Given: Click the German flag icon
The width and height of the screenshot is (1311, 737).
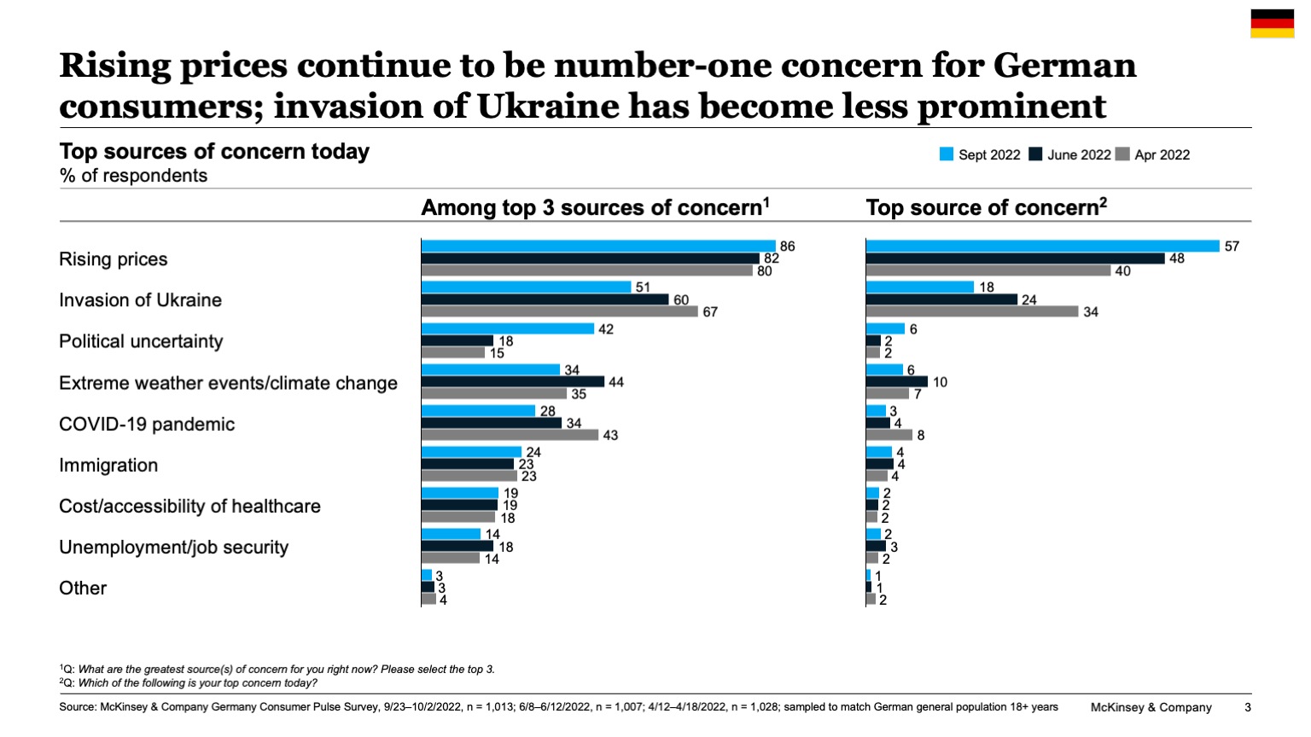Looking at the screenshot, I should tap(1272, 24).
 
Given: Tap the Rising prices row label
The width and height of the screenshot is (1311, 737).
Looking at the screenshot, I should tap(114, 259).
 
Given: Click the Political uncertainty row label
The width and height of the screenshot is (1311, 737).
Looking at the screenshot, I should tap(141, 341).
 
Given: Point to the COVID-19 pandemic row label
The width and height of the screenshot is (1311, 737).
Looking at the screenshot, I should tap(147, 424).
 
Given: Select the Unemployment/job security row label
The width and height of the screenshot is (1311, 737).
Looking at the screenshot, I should tap(173, 547).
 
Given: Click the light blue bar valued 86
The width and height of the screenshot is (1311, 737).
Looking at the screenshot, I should tap(597, 247).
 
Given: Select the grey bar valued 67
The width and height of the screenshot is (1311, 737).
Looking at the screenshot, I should tap(559, 311).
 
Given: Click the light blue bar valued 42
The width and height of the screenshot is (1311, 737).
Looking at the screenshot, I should tap(507, 329).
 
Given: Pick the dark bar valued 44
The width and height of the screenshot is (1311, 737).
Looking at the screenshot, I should tap(512, 382).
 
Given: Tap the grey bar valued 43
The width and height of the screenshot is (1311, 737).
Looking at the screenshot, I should tap(510, 435).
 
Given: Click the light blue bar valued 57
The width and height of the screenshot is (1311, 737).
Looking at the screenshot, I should tap(1042, 247).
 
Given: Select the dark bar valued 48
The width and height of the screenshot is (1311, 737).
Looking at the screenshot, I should tap(1015, 258).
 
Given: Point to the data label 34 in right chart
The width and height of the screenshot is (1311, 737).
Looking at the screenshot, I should tap(1091, 312).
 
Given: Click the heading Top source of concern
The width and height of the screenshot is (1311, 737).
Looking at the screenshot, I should tap(986, 207).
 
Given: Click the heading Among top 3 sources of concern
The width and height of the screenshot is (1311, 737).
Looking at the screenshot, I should tap(595, 207).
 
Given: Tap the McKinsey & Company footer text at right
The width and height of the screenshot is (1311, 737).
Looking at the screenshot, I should tap(1151, 707).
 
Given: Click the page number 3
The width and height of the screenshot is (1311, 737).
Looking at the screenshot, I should tap(1248, 707).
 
